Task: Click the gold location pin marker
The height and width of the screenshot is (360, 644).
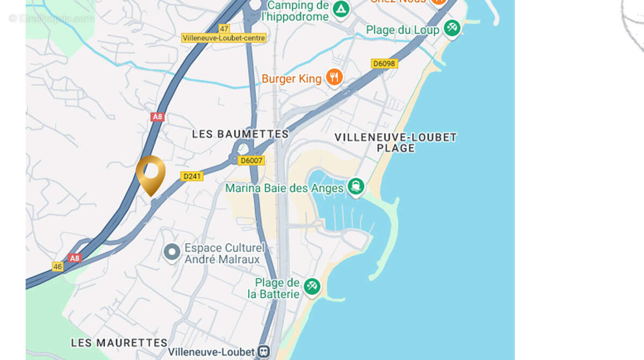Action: coord(150,173)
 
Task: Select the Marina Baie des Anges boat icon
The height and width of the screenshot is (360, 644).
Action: coord(355,187)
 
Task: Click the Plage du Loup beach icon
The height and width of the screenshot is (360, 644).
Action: coord(452,28)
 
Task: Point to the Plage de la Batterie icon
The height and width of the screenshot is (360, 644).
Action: coord(312,285)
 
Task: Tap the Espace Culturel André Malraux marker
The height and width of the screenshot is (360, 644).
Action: coord(172,252)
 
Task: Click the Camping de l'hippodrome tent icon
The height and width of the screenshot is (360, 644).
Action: coord(340,9)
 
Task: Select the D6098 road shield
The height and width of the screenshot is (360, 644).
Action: coord(384,64)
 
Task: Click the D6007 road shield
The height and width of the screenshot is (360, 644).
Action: coord(252,160)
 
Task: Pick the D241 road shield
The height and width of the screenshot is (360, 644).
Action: coord(192,176)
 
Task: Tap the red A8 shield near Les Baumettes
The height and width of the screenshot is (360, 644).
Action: coord(157,117)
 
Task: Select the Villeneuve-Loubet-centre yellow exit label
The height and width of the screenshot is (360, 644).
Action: coord(224,38)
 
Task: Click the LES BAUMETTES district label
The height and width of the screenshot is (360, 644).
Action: coord(240,134)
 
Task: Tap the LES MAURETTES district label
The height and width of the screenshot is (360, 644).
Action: coord(119,343)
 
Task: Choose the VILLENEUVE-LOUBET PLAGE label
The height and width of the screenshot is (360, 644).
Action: coord(396,142)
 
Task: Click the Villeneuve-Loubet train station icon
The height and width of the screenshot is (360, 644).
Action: coord(264,352)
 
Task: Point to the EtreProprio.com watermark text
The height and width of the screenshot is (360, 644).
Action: coord(52,19)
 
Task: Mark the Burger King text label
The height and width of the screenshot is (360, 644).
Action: coord(291,79)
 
